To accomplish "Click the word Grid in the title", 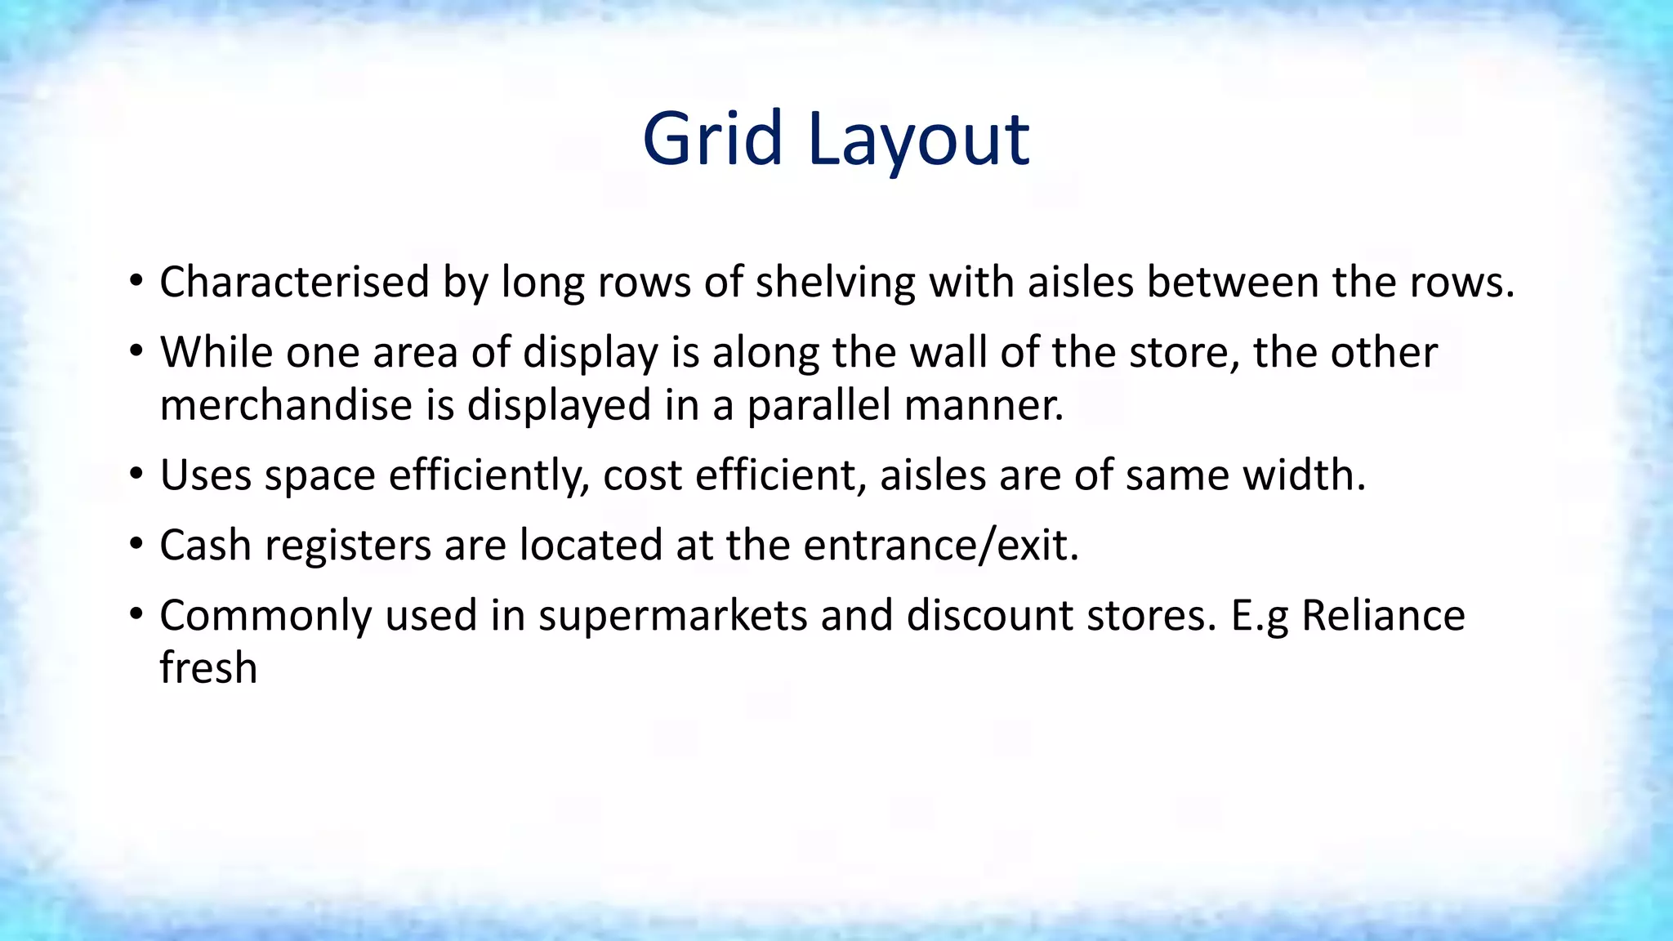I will tap(712, 139).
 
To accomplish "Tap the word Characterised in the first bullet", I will tap(294, 283).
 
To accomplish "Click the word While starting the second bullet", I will tap(216, 353).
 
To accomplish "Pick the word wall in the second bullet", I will tap(948, 353).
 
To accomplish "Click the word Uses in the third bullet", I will tap(205, 475).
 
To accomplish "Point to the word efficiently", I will tap(489, 475).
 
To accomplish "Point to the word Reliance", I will tap(1382, 616).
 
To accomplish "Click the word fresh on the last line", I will tap(208, 668).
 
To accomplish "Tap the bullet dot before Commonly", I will tap(136, 614).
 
